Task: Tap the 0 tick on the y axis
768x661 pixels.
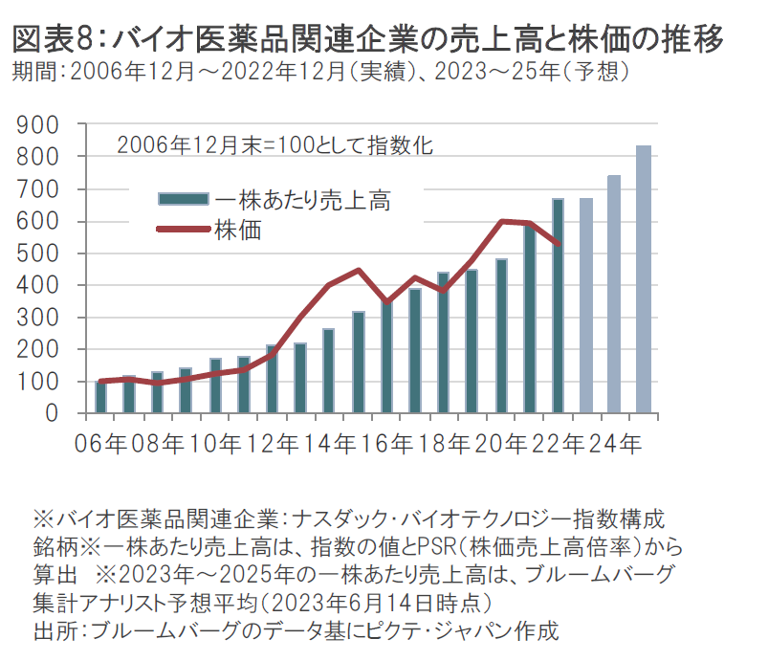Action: tap(56, 414)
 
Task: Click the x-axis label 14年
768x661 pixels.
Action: tap(329, 444)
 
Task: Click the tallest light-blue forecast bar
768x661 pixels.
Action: tap(644, 279)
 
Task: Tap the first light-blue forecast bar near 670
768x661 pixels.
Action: tap(586, 306)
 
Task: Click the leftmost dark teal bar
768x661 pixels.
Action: tap(100, 397)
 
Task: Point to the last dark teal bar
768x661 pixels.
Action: tap(558, 306)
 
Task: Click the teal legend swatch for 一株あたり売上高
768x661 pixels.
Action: tap(183, 199)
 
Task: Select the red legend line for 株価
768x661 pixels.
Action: tap(183, 230)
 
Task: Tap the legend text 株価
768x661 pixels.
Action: tap(238, 230)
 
